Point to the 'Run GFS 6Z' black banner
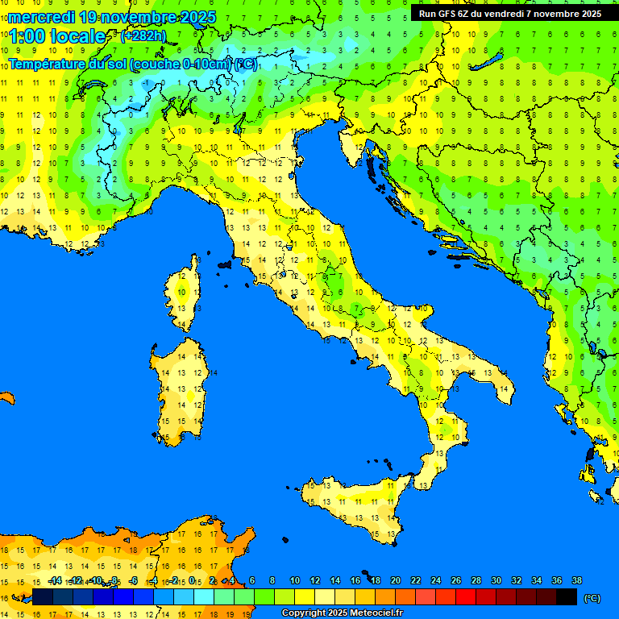[509, 14]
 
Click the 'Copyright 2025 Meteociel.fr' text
[342, 613]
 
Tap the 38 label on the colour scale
[576, 580]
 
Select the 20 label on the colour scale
[395, 580]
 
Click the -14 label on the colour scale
[55, 580]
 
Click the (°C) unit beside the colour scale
[592, 598]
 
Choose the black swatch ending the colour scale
[567, 597]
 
